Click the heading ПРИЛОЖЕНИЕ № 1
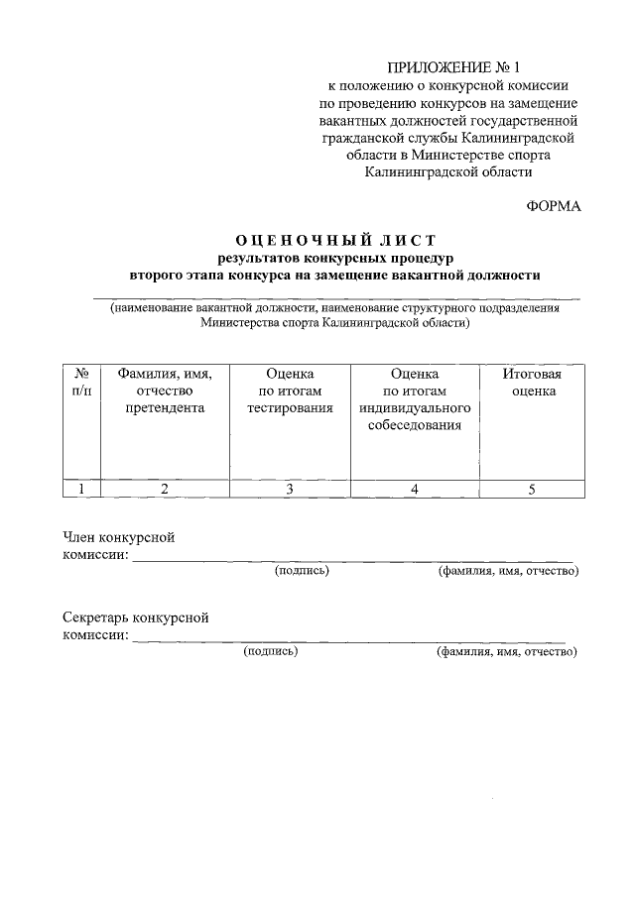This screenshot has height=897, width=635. (x=452, y=67)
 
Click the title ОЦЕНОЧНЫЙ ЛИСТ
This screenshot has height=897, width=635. (x=335, y=240)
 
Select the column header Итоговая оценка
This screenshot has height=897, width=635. (x=533, y=383)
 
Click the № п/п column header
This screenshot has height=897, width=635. (x=82, y=383)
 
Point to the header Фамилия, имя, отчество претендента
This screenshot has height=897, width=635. (x=165, y=391)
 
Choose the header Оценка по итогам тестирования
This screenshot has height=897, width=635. (x=290, y=391)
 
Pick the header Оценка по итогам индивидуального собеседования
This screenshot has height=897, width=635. (x=414, y=399)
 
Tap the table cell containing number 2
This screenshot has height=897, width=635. (x=165, y=488)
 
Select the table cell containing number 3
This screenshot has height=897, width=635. (x=290, y=488)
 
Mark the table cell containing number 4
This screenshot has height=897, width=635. (x=414, y=488)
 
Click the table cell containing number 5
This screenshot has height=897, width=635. (x=533, y=488)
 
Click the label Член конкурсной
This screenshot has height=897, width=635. (x=119, y=537)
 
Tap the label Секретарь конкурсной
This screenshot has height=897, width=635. (x=136, y=617)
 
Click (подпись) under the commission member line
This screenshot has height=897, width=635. (x=302, y=571)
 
